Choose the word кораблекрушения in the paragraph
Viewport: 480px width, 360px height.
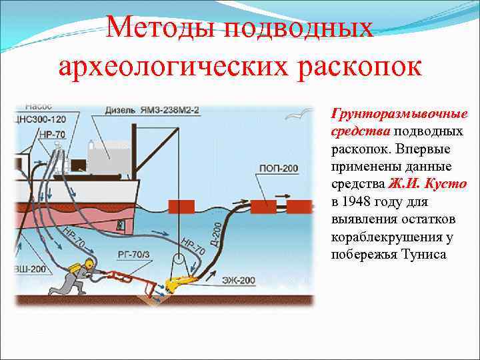pyautogui.click(x=381, y=237)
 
